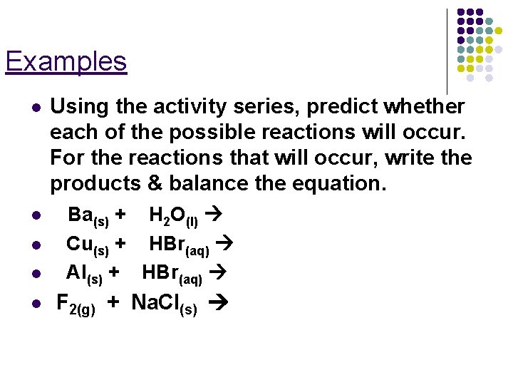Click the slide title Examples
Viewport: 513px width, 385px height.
pos(66,61)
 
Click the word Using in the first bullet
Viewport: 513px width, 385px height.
pos(74,107)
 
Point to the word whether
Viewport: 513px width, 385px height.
pos(424,107)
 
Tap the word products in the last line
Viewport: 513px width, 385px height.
pos(95,184)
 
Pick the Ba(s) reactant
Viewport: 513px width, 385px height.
pos(88,215)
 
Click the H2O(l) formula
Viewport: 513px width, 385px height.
pos(173,215)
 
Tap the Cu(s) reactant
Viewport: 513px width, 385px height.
pos(87,245)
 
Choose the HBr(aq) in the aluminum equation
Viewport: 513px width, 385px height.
pos(172,274)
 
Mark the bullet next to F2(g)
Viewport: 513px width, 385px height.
pos(34,304)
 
